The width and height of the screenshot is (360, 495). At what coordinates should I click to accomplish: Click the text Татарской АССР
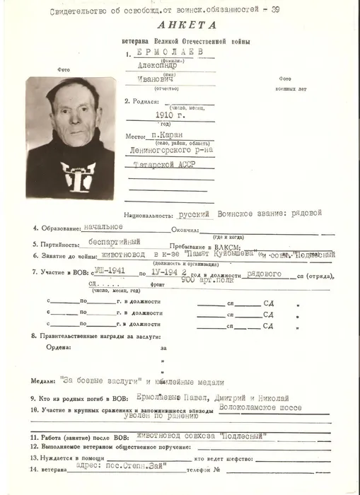163,164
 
